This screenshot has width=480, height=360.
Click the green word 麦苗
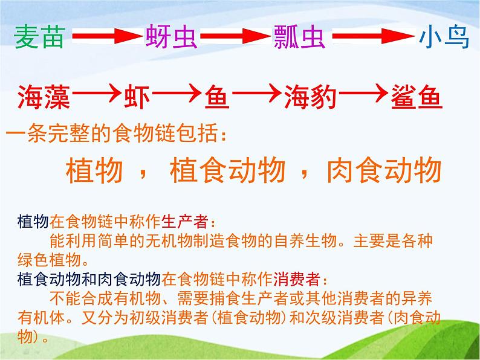(x=39, y=37)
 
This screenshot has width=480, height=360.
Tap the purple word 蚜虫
(x=171, y=37)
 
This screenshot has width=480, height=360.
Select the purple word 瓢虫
(x=299, y=37)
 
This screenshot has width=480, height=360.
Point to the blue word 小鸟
(x=444, y=37)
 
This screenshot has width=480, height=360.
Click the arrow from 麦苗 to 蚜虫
(x=108, y=36)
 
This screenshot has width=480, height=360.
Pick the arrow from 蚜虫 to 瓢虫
(x=236, y=36)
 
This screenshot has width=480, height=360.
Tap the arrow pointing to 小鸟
(x=374, y=36)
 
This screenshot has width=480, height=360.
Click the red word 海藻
(x=44, y=97)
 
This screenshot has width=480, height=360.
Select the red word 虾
(x=137, y=97)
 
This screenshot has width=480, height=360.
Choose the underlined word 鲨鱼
(x=417, y=97)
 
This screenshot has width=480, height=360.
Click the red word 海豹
(x=310, y=97)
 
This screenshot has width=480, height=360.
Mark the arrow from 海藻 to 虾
(x=97, y=93)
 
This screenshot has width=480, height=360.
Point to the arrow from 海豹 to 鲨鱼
(x=364, y=93)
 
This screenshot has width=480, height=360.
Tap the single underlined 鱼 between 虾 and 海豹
(x=217, y=97)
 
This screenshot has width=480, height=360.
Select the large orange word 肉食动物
(x=384, y=170)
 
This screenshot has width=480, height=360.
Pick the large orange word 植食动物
(x=227, y=170)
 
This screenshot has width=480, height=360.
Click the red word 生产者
(x=185, y=222)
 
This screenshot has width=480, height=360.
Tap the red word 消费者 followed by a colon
(x=297, y=279)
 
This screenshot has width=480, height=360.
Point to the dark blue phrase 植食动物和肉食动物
(x=89, y=279)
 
